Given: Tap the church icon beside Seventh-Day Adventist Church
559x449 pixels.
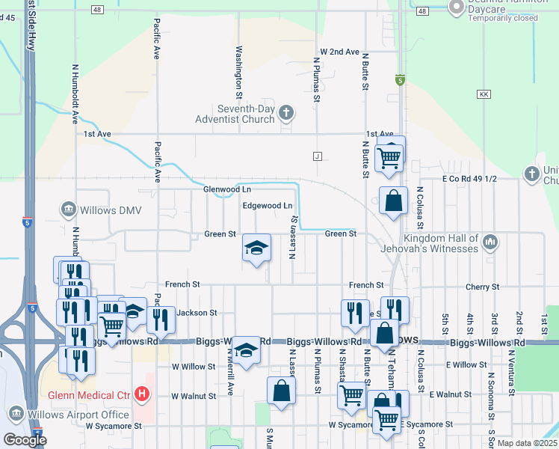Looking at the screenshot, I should (x=285, y=114).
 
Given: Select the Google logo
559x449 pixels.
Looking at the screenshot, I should (x=25, y=440).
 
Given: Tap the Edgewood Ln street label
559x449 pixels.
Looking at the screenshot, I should (x=267, y=206).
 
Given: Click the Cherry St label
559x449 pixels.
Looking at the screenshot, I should (x=482, y=287).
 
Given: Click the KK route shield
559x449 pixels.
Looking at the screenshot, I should (x=484, y=94).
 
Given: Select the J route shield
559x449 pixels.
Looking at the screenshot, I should (x=317, y=156).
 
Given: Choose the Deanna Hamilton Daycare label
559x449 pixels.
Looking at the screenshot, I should (x=502, y=7).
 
